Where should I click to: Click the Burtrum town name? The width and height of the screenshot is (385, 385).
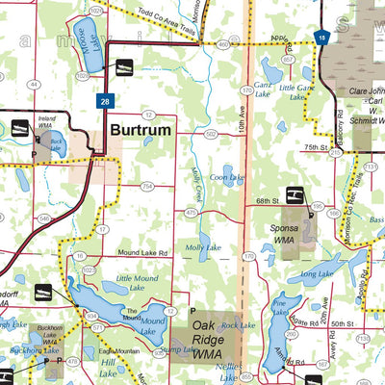pos(140,130)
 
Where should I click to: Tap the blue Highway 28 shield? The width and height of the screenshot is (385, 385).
pos(102,99)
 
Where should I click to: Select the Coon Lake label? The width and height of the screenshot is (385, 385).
pos(227,177)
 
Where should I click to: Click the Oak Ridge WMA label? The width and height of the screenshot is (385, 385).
pos(216,325)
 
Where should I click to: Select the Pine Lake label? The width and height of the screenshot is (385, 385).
pos(279,305)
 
